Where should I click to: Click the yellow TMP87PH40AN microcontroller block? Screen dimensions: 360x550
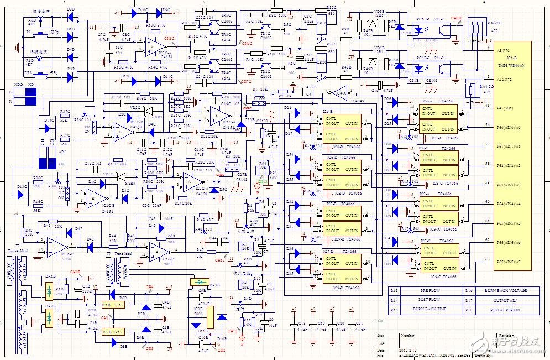(x=514, y=155)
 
